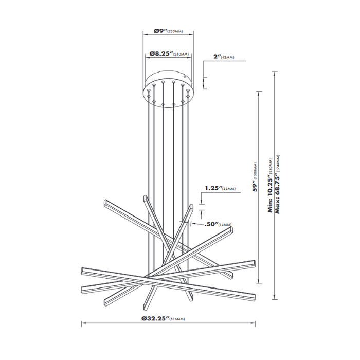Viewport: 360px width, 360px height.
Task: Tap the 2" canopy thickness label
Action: point(215,58)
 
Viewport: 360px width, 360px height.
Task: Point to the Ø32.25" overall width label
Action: point(154,319)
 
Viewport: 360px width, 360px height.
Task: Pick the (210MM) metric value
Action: point(181,54)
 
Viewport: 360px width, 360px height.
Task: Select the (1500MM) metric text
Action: point(256,165)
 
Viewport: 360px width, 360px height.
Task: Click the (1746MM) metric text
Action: point(278,165)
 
